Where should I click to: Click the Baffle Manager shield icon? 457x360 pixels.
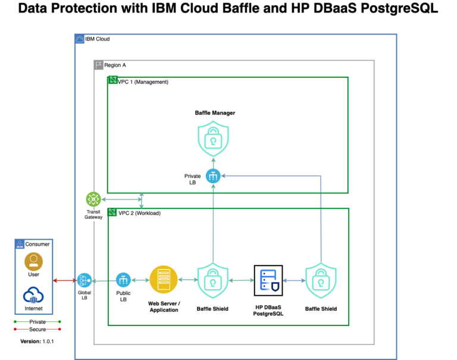click(x=213, y=139)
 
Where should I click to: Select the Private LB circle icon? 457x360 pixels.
click(x=213, y=176)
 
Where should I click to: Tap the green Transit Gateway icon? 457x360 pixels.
click(x=93, y=199)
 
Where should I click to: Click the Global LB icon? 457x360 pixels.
click(x=84, y=280)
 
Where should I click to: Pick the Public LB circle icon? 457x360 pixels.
click(x=123, y=280)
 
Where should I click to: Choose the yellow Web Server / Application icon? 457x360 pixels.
click(x=164, y=280)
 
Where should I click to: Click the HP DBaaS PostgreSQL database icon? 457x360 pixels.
click(x=268, y=280)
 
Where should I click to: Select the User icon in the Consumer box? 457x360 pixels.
click(x=33, y=261)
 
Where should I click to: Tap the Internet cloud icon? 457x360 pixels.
click(x=33, y=295)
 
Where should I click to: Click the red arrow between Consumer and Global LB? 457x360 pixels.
click(x=65, y=280)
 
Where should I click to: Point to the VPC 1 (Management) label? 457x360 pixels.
click(x=143, y=82)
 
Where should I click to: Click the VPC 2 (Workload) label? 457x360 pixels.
click(x=139, y=213)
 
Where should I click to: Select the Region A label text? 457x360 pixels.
click(x=115, y=65)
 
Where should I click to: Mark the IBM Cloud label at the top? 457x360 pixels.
click(x=98, y=39)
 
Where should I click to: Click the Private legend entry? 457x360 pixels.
click(x=37, y=322)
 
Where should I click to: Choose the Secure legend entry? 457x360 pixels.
click(x=37, y=330)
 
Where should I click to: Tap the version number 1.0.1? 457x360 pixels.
click(x=48, y=342)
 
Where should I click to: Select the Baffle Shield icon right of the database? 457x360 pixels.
click(x=321, y=280)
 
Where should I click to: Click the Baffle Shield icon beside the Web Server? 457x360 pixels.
click(x=213, y=280)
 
